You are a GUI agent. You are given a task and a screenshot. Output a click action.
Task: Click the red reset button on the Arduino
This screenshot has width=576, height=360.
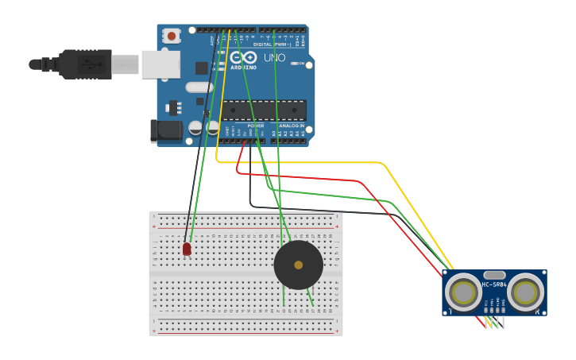coord(171,35)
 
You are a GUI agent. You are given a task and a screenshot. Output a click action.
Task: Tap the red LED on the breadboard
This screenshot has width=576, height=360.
coord(187,249)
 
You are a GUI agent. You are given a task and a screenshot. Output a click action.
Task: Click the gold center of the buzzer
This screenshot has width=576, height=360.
coord(298,265)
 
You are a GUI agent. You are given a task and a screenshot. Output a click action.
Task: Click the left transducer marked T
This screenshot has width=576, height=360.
coord(463,292)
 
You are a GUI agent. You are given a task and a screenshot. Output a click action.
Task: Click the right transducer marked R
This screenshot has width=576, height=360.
coord(525,292)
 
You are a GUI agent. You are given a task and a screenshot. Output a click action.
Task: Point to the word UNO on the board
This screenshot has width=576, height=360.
coord(274,58)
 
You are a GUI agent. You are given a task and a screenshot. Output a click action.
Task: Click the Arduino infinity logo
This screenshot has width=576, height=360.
coord(243,58)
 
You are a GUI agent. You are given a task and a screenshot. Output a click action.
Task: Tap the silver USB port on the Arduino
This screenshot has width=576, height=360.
coord(160,64)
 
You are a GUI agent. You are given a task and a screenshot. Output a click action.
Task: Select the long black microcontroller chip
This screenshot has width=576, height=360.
coord(264,110)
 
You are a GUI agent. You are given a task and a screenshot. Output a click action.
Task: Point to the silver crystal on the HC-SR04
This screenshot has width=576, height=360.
coord(493,275)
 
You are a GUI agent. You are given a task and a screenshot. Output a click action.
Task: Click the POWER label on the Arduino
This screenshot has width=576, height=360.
coord(255,126)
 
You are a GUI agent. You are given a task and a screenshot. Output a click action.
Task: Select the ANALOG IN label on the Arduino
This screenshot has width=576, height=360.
coord(291,126)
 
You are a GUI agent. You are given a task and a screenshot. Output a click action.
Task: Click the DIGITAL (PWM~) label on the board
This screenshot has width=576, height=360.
coord(273,45)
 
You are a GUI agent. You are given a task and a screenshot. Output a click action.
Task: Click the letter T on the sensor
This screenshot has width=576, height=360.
coord(450,311)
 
